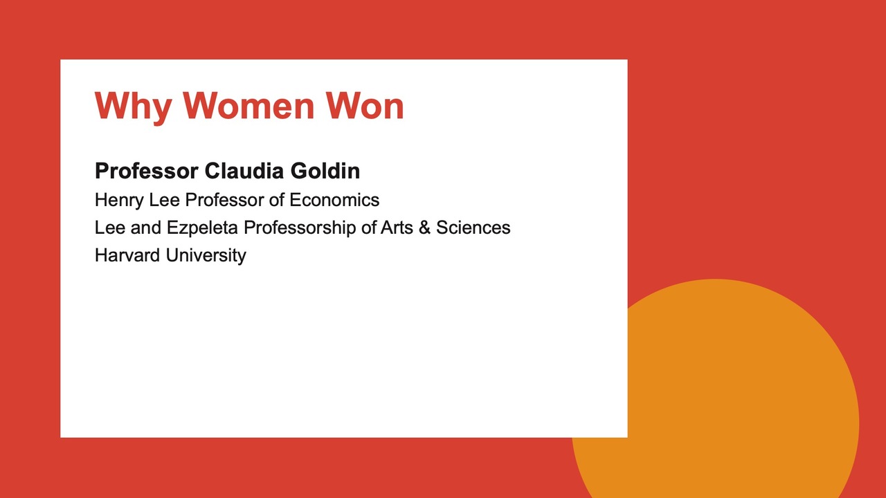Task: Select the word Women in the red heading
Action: click(248, 106)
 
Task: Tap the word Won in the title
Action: click(365, 106)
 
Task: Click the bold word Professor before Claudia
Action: click(146, 171)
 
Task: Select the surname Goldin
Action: click(325, 171)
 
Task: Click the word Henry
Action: click(119, 201)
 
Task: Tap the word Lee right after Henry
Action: click(164, 200)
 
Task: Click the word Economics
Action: click(334, 200)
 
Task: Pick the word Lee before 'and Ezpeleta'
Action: click(110, 228)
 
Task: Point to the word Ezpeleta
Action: click(202, 228)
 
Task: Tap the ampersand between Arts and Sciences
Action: click(424, 228)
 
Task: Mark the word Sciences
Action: click(473, 228)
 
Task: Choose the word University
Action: click(206, 256)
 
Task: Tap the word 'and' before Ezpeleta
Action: click(145, 228)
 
